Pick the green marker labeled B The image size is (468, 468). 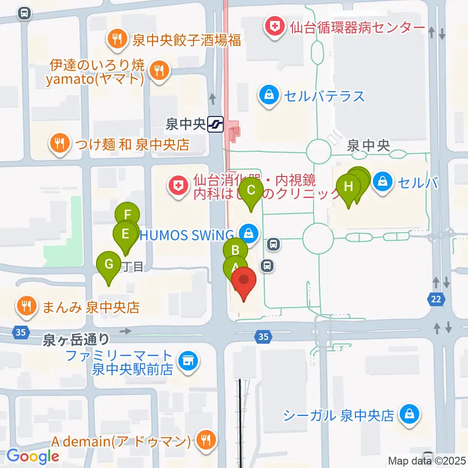tap(235, 251)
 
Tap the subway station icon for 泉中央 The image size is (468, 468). tap(215, 125)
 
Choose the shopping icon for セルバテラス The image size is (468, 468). tap(269, 95)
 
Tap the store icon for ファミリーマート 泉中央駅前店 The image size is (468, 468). tap(188, 362)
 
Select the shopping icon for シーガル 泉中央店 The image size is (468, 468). tap(408, 415)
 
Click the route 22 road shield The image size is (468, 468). tap(437, 299)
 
